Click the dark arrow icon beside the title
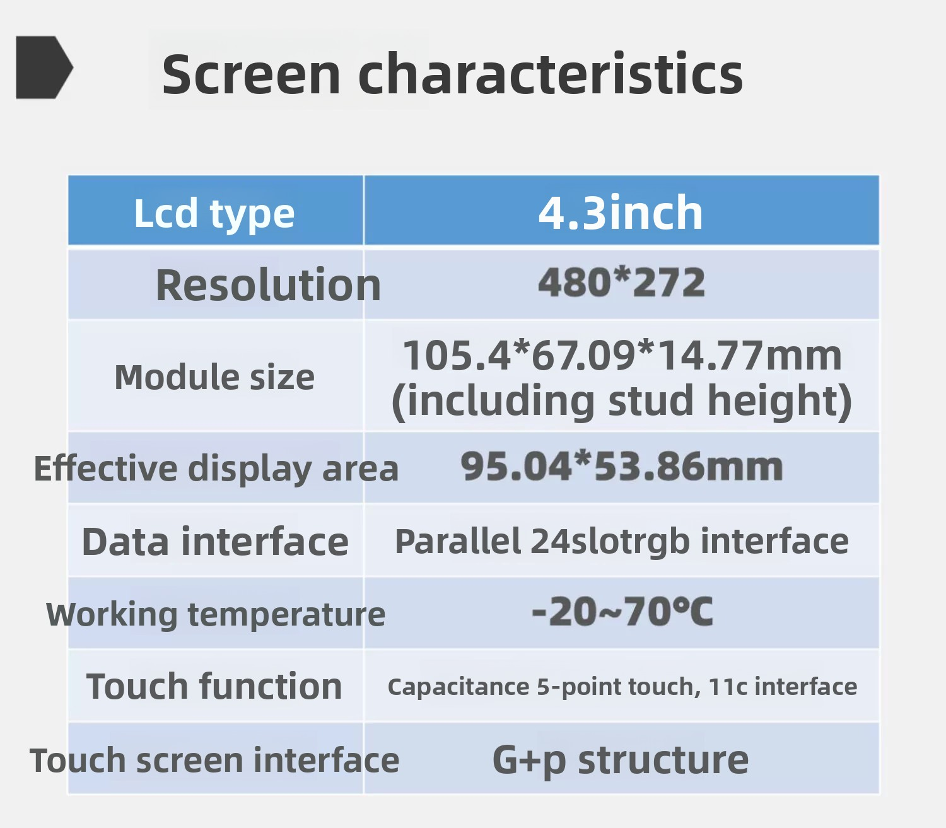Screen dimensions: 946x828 coord(44,67)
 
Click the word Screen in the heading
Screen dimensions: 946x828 coord(251,74)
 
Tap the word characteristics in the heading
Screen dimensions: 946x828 coord(550,74)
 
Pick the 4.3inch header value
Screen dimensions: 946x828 coord(621,213)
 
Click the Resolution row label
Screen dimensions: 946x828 coord(268,284)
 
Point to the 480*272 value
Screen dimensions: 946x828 coord(621,283)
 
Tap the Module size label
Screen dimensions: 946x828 coord(214,376)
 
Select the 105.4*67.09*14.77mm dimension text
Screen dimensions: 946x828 coord(622,355)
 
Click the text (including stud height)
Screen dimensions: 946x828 coord(621,401)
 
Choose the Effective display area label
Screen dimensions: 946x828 coord(216,469)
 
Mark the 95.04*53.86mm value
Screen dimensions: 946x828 coord(621,467)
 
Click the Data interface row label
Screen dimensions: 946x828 coord(215,541)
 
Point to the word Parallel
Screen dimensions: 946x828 coord(458,540)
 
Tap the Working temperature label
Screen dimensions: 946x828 coord(216,614)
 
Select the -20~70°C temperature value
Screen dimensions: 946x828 coord(622,611)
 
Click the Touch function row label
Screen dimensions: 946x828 coord(214,686)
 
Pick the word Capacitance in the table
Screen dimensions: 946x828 coord(458,687)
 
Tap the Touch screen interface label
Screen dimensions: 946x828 coord(214,761)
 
